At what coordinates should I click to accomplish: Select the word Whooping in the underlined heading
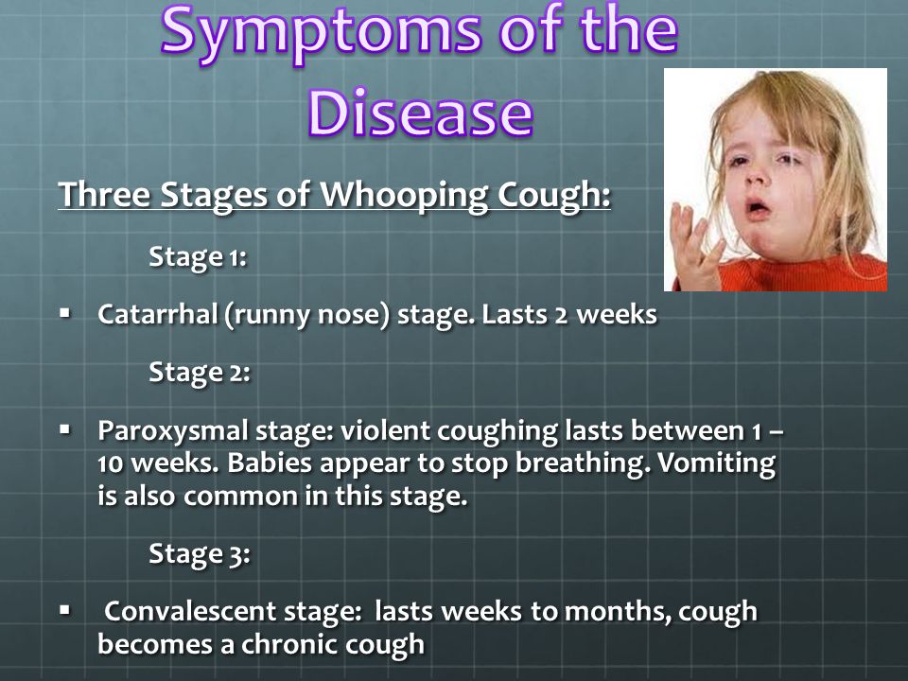[x=404, y=196]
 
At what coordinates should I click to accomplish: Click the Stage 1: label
[x=198, y=256]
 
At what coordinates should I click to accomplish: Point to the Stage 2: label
[x=200, y=373]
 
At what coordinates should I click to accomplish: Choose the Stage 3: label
[x=200, y=554]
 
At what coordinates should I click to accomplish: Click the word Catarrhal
[x=158, y=314]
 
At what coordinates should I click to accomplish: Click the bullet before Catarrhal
[x=65, y=314]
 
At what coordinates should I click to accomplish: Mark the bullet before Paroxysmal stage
[x=65, y=430]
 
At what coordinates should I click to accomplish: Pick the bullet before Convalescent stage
[x=65, y=610]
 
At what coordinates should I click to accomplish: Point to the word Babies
[x=270, y=463]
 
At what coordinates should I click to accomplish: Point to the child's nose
[x=755, y=176]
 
